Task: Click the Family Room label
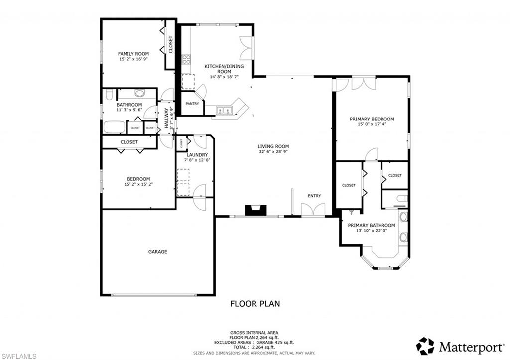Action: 133,54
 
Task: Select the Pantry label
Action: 192,104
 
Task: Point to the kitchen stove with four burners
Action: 186,59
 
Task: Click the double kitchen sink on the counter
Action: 225,111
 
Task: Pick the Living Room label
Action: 273,146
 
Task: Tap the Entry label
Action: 314,196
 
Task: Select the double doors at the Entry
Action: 313,210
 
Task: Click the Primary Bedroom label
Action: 372,119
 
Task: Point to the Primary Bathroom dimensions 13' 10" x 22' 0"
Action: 372,231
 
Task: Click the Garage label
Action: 157,252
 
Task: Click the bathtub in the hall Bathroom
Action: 114,127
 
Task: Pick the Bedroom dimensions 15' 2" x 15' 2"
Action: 138,184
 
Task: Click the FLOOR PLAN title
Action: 255,303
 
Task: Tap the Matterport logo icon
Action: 425,346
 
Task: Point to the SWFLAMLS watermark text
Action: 19,356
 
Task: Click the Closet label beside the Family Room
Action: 170,45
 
